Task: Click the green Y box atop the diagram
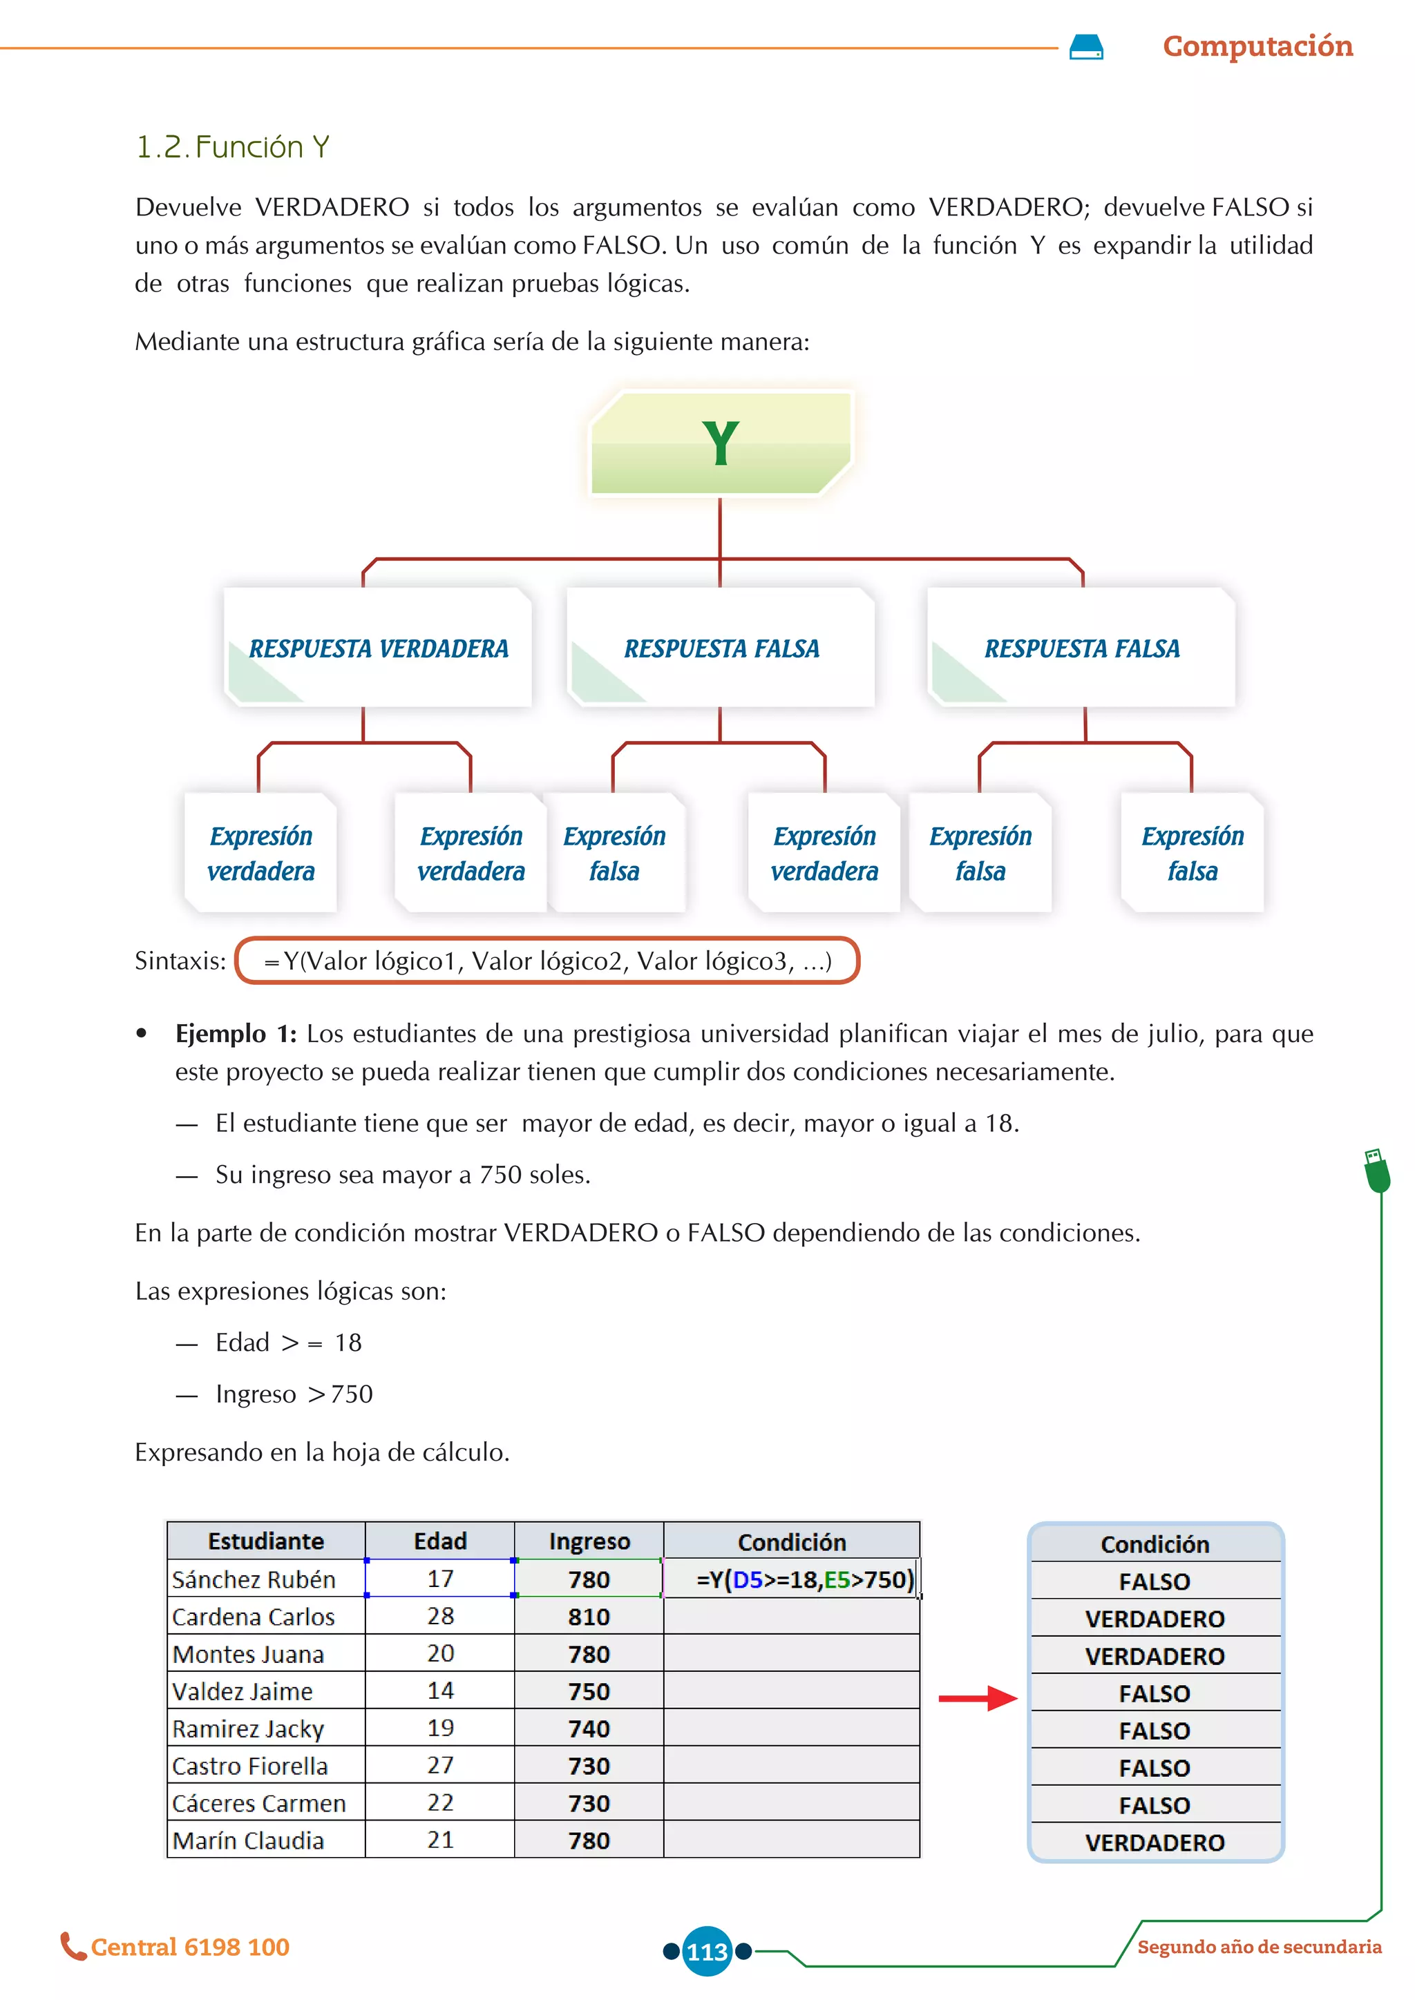[721, 443]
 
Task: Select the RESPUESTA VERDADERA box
[378, 648]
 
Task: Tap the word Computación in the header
[1257, 46]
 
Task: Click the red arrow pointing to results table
[977, 1698]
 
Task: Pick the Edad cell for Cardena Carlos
[440, 1616]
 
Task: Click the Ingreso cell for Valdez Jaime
[589, 1691]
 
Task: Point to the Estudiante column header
[266, 1541]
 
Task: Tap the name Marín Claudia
[248, 1840]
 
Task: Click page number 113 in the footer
[707, 1951]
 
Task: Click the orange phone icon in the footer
[73, 1946]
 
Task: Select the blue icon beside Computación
[1085, 47]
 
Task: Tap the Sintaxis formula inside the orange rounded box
[547, 961]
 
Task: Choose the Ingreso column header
[589, 1541]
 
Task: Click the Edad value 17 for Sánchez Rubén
[440, 1579]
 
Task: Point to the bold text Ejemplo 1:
[235, 1034]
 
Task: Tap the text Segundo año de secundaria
[1259, 1947]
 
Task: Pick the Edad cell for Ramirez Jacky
[440, 1728]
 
